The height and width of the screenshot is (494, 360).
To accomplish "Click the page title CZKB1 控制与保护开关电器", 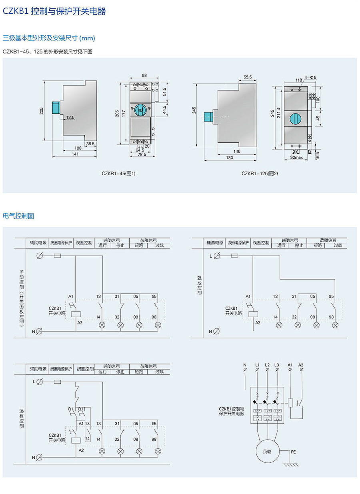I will pyautogui.click(x=54, y=12).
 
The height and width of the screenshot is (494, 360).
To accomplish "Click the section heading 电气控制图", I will pyautogui.click(x=18, y=216).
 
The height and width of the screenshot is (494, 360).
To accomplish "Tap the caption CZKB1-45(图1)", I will pyautogui.click(x=118, y=174).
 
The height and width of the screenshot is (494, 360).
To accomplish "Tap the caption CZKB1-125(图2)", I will pyautogui.click(x=260, y=174).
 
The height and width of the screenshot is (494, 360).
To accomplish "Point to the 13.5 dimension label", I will pyautogui.click(x=70, y=118).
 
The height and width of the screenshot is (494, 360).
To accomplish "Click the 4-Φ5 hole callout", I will pyautogui.click(x=310, y=77).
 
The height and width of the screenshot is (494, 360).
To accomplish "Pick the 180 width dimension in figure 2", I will pyautogui.click(x=229, y=158).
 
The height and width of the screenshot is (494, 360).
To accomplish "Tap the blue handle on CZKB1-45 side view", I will pyautogui.click(x=56, y=107).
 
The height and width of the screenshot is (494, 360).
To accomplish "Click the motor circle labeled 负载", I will pyautogui.click(x=267, y=451).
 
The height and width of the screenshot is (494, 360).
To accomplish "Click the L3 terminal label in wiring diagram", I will pyautogui.click(x=277, y=365).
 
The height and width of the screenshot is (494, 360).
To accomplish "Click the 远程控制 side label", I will pyautogui.click(x=22, y=418).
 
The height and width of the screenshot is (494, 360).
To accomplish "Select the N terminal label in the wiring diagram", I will pyautogui.click(x=245, y=365).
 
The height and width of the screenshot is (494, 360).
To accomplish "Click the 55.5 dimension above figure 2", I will pyautogui.click(x=247, y=77).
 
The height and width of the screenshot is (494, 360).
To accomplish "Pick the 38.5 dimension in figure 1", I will pyautogui.click(x=90, y=143).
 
